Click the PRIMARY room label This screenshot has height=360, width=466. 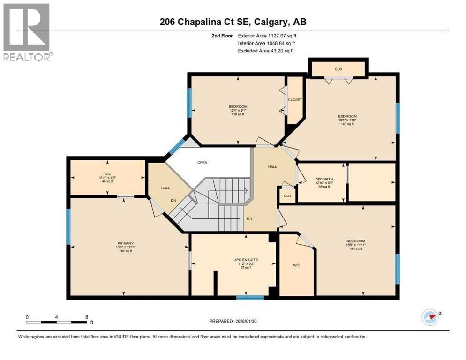[125, 243]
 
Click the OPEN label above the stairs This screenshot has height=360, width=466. [202, 163]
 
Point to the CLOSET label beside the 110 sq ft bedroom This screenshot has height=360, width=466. [295, 100]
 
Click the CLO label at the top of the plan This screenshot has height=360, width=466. [338, 69]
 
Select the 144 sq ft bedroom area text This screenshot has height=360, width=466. [356, 249]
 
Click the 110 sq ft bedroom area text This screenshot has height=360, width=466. [238, 114]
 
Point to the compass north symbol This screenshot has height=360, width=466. [429, 317]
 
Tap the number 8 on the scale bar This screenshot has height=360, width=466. [86, 317]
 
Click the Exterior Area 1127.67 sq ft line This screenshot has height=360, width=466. [267, 35]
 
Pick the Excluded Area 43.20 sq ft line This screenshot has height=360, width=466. [266, 51]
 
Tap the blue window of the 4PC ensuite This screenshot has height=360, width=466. [249, 297]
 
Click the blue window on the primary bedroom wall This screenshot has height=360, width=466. [68, 227]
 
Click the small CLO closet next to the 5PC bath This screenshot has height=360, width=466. [287, 195]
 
